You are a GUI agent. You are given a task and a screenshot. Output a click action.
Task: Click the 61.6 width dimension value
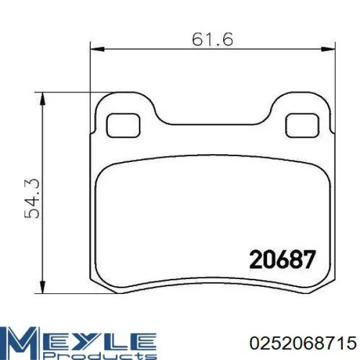[212, 39]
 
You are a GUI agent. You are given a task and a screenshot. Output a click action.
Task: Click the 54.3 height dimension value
[32, 199]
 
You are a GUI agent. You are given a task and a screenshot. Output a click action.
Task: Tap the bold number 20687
[283, 259]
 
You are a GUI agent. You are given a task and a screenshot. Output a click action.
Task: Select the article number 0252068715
[303, 344]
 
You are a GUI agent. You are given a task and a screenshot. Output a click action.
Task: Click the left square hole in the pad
[123, 125]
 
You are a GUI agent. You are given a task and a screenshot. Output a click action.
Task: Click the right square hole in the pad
[302, 125]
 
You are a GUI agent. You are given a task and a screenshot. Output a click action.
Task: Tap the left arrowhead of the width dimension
[97, 49]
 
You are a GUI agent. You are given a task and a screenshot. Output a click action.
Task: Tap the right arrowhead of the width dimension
[328, 49]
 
